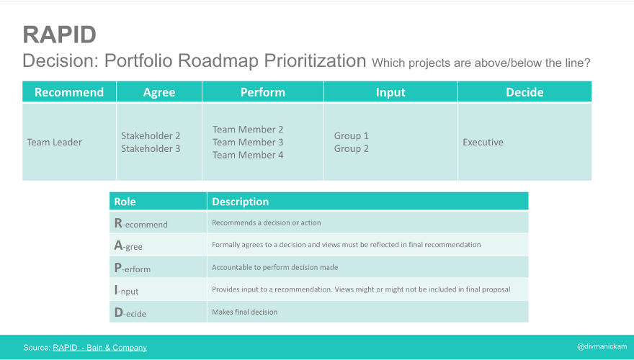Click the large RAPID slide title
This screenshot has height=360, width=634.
click(x=60, y=35)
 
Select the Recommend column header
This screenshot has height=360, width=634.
click(x=69, y=92)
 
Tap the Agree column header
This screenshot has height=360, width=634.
click(x=159, y=92)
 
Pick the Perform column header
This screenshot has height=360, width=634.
click(x=263, y=92)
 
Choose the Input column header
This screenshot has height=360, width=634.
click(x=390, y=92)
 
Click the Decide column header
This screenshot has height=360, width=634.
click(x=524, y=92)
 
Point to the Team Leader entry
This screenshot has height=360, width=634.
click(x=55, y=143)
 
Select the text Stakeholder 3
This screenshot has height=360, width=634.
click(x=151, y=149)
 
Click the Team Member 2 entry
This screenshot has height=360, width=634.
click(x=248, y=130)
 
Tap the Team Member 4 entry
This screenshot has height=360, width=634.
click(x=248, y=155)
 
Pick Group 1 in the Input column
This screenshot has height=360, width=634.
click(x=352, y=135)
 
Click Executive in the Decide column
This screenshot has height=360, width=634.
click(x=483, y=143)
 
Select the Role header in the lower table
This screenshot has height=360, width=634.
click(x=125, y=202)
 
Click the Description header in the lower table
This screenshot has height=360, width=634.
click(x=240, y=202)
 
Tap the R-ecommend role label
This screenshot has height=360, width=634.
click(x=140, y=224)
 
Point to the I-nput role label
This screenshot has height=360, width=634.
click(x=126, y=291)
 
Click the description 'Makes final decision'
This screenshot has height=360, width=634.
click(x=244, y=312)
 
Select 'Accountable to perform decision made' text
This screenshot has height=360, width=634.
click(x=274, y=267)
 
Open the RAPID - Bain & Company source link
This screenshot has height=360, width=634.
click(x=99, y=348)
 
